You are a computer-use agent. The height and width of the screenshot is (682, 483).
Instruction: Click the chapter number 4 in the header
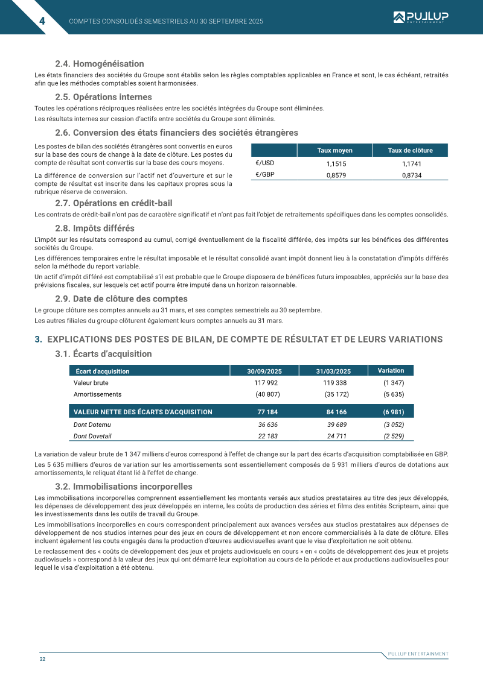tap(42, 21)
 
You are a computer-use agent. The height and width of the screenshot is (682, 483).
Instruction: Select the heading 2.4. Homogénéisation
tap(99, 64)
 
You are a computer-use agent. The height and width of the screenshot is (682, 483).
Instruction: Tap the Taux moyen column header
tap(334, 151)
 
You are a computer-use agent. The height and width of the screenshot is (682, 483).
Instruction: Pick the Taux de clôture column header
tap(411, 151)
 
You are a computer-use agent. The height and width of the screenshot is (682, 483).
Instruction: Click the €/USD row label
tap(265, 163)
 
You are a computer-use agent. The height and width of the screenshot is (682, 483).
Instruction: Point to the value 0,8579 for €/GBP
tap(336, 175)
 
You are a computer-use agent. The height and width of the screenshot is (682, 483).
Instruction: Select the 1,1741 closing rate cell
tap(411, 163)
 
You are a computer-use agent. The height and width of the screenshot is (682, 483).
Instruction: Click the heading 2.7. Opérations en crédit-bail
tap(114, 203)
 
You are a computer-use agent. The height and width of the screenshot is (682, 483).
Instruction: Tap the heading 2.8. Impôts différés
tap(94, 229)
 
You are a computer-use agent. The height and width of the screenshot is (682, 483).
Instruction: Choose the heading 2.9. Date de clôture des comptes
tap(121, 299)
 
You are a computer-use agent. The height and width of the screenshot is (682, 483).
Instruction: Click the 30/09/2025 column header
tap(264, 371)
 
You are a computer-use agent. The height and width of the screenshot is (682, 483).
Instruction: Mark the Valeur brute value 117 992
tap(266, 383)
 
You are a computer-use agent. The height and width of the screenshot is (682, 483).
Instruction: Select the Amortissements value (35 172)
tap(337, 394)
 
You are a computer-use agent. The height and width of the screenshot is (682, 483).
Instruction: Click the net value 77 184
tap(267, 412)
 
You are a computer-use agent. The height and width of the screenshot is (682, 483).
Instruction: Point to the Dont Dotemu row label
tap(92, 425)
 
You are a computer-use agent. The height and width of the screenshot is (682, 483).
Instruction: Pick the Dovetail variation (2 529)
tap(394, 436)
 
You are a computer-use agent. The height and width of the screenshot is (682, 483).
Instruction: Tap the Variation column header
tap(391, 370)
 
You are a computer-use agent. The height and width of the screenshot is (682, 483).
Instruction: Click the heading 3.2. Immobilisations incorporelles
tap(124, 487)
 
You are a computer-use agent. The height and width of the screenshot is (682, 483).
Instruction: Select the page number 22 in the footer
tap(43, 659)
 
